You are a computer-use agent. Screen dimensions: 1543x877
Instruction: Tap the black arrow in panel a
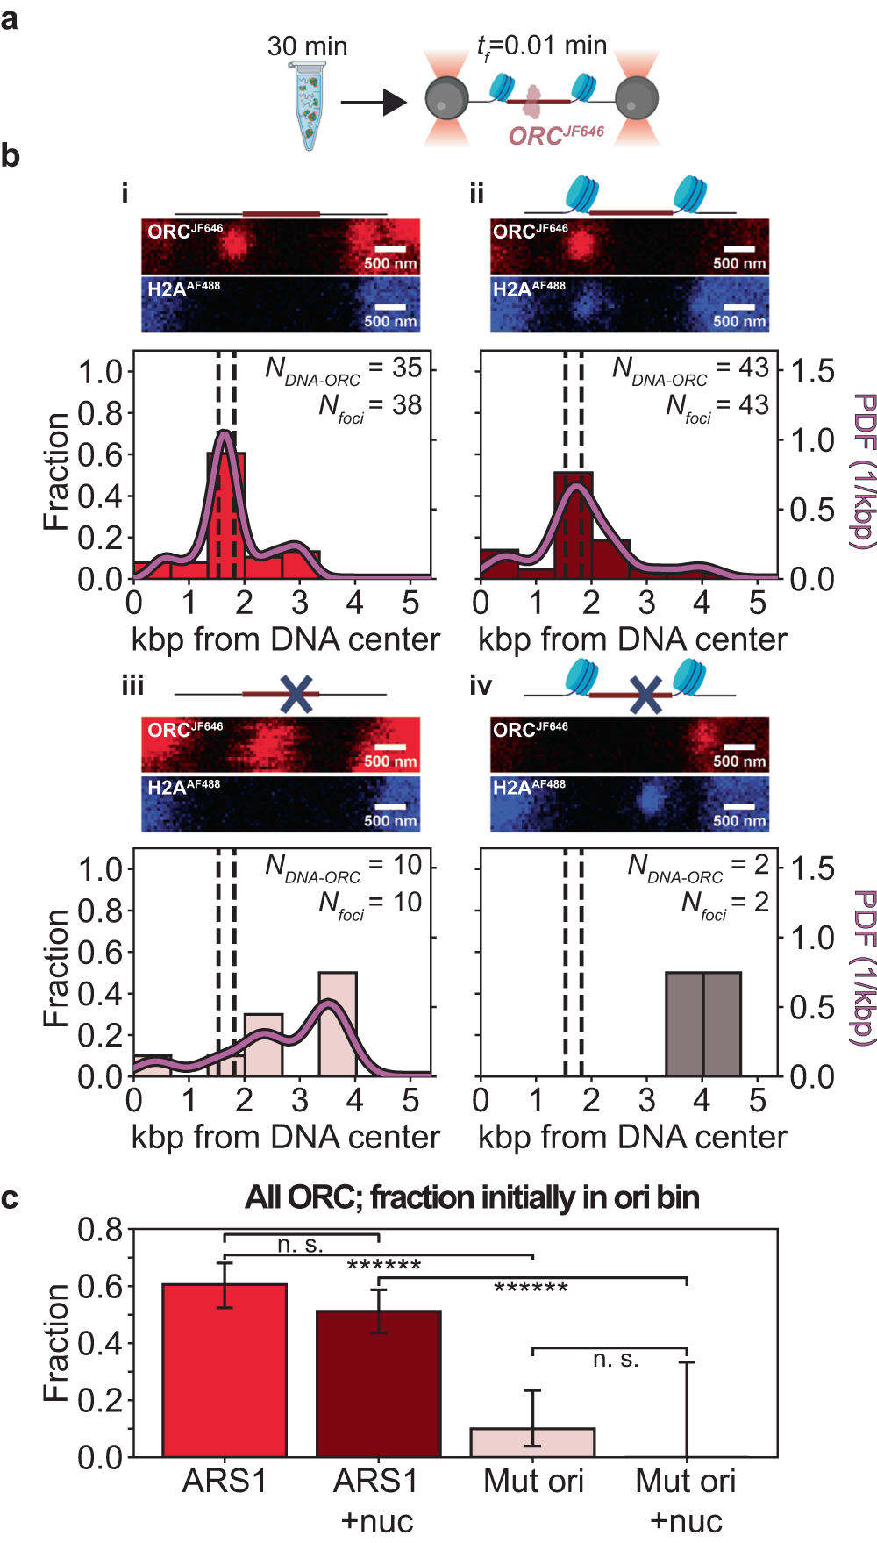pyautogui.click(x=373, y=103)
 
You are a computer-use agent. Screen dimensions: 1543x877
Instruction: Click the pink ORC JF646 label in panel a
pyautogui.click(x=556, y=135)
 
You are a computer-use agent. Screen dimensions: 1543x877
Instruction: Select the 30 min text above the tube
pyautogui.click(x=307, y=46)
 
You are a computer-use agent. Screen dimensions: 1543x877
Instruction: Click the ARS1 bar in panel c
pyautogui.click(x=225, y=1369)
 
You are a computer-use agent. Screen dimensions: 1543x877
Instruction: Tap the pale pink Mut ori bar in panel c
pyautogui.click(x=532, y=1442)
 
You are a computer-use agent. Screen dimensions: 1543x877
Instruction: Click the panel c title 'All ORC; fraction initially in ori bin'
pyautogui.click(x=472, y=1197)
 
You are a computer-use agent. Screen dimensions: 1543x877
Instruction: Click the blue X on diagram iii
pyautogui.click(x=296, y=694)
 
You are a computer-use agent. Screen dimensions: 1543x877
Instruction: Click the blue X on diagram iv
pyautogui.click(x=645, y=695)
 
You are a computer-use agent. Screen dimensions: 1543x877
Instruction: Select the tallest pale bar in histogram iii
pyautogui.click(x=337, y=1023)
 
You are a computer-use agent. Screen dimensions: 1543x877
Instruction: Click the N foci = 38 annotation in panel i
pyautogui.click(x=370, y=406)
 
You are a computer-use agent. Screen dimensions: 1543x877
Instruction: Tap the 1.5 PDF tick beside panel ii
pyautogui.click(x=812, y=371)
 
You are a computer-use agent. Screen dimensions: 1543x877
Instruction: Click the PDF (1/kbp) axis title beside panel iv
pyautogui.click(x=864, y=968)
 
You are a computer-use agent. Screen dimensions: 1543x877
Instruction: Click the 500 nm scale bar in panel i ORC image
pyautogui.click(x=390, y=249)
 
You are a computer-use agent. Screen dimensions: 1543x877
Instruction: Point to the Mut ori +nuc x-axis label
pyautogui.click(x=685, y=1500)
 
